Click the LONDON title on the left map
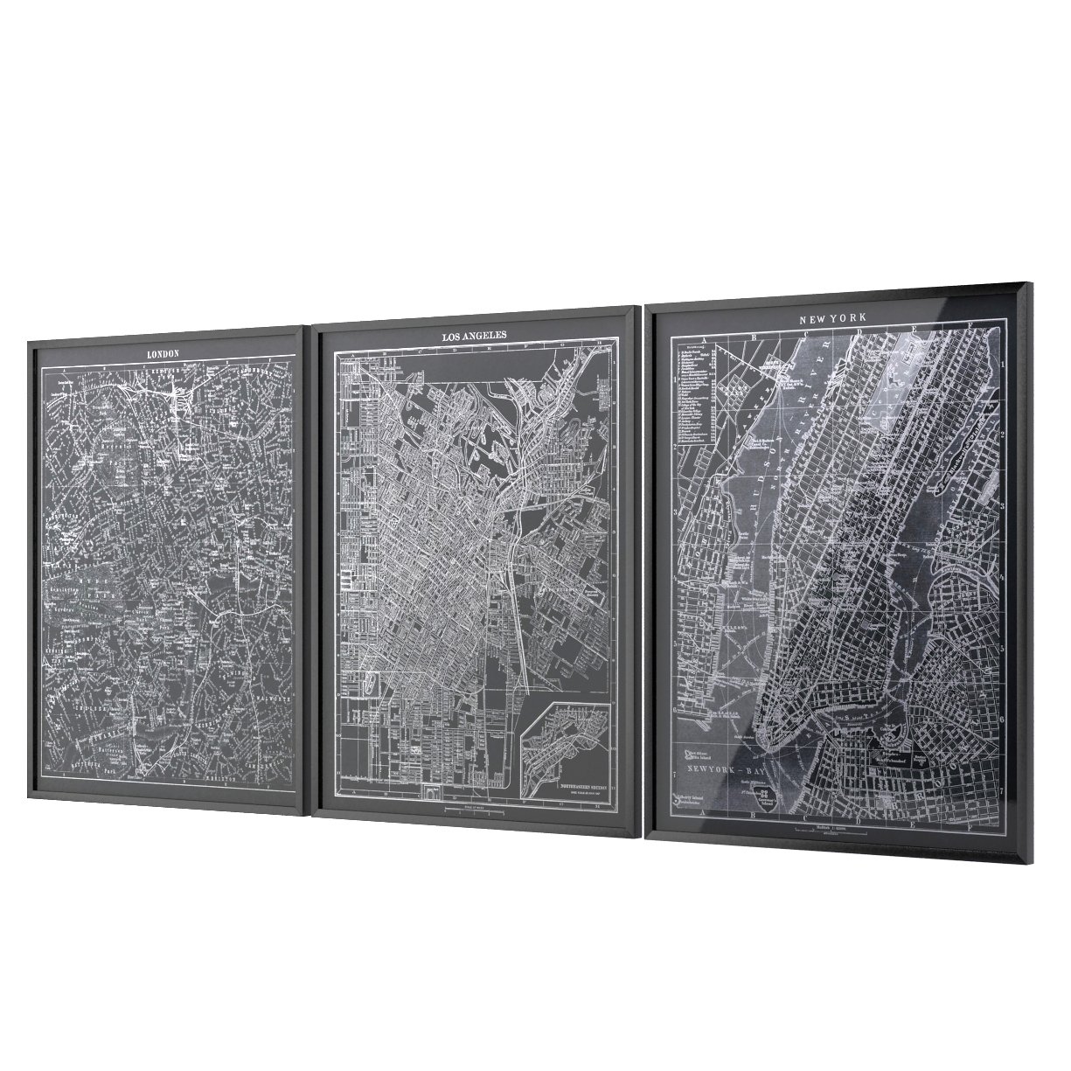(x=163, y=353)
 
